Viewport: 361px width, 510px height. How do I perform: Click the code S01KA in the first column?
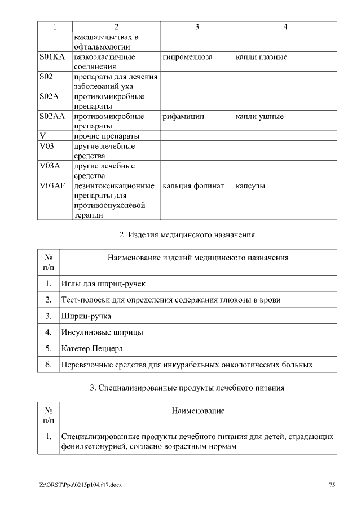[52, 57]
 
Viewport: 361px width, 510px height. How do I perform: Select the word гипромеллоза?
[187, 57]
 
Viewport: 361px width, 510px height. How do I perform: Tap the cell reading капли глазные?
[262, 57]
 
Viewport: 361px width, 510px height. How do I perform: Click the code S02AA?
[52, 117]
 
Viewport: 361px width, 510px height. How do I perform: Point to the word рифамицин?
[183, 117]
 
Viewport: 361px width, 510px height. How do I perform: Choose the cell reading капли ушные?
[259, 117]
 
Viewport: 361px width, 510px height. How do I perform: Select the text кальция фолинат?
[193, 185]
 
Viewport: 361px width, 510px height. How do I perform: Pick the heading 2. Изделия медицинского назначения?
[188, 234]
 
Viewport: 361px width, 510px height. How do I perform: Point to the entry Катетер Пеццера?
[92, 349]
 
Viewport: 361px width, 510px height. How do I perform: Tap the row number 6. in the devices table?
[49, 365]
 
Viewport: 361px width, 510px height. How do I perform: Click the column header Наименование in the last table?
[198, 411]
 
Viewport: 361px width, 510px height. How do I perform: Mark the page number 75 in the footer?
[332, 484]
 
